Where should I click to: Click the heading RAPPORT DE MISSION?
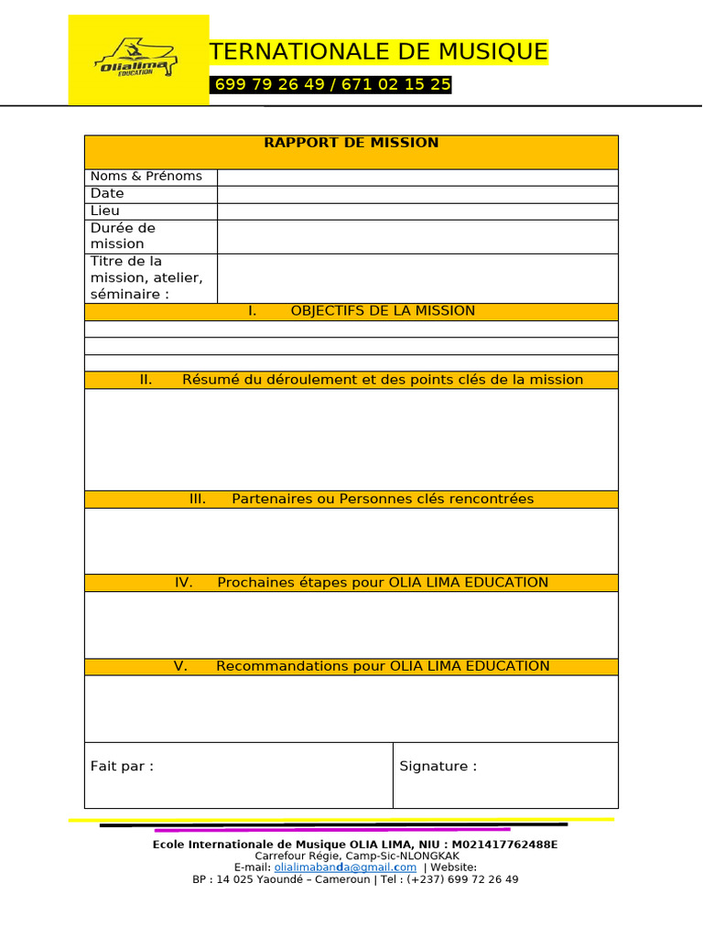point(351,143)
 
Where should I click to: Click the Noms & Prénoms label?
point(146,177)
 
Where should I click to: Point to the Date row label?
point(107,194)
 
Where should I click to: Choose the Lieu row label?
point(105,210)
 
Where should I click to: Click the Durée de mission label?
point(123,236)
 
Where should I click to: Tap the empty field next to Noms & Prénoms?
point(416,177)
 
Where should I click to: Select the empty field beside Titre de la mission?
point(416,278)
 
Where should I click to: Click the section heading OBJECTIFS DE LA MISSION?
point(383,311)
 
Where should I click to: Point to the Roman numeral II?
point(146,380)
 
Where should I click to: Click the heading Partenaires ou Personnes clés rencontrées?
point(383,499)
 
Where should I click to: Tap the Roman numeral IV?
point(183,583)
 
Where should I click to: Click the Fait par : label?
point(122,767)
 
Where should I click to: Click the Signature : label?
point(438,767)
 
